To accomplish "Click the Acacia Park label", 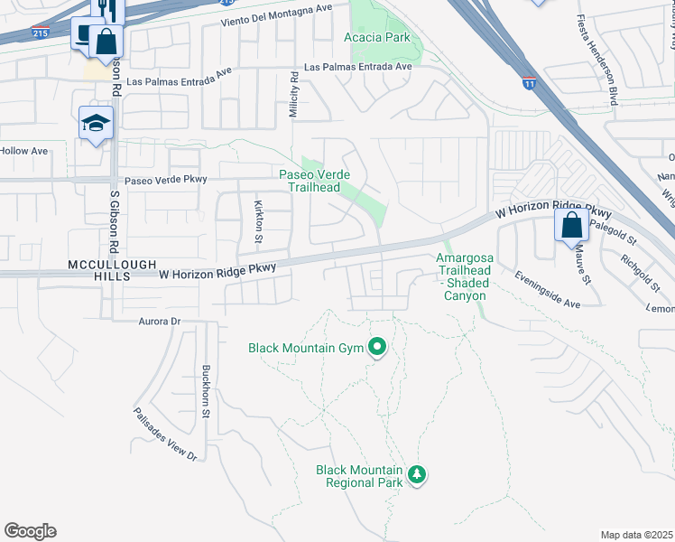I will tap(377, 37).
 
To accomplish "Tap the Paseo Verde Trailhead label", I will tap(313, 181).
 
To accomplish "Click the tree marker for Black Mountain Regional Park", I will tap(416, 474).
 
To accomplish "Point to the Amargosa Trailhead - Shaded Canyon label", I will tap(465, 276).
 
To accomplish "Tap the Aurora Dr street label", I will tap(160, 321).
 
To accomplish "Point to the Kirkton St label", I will tap(257, 221).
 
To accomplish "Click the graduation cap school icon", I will tap(95, 122).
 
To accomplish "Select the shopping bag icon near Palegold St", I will tap(571, 226).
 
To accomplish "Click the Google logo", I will tap(30, 530).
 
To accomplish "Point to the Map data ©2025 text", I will tap(637, 535).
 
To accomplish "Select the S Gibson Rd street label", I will tap(115, 222).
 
